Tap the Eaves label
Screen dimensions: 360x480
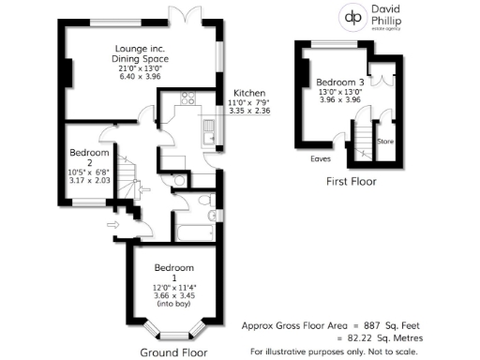point(321,158)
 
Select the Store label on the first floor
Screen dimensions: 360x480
point(385,142)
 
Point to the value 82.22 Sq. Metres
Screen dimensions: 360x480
point(387,337)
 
